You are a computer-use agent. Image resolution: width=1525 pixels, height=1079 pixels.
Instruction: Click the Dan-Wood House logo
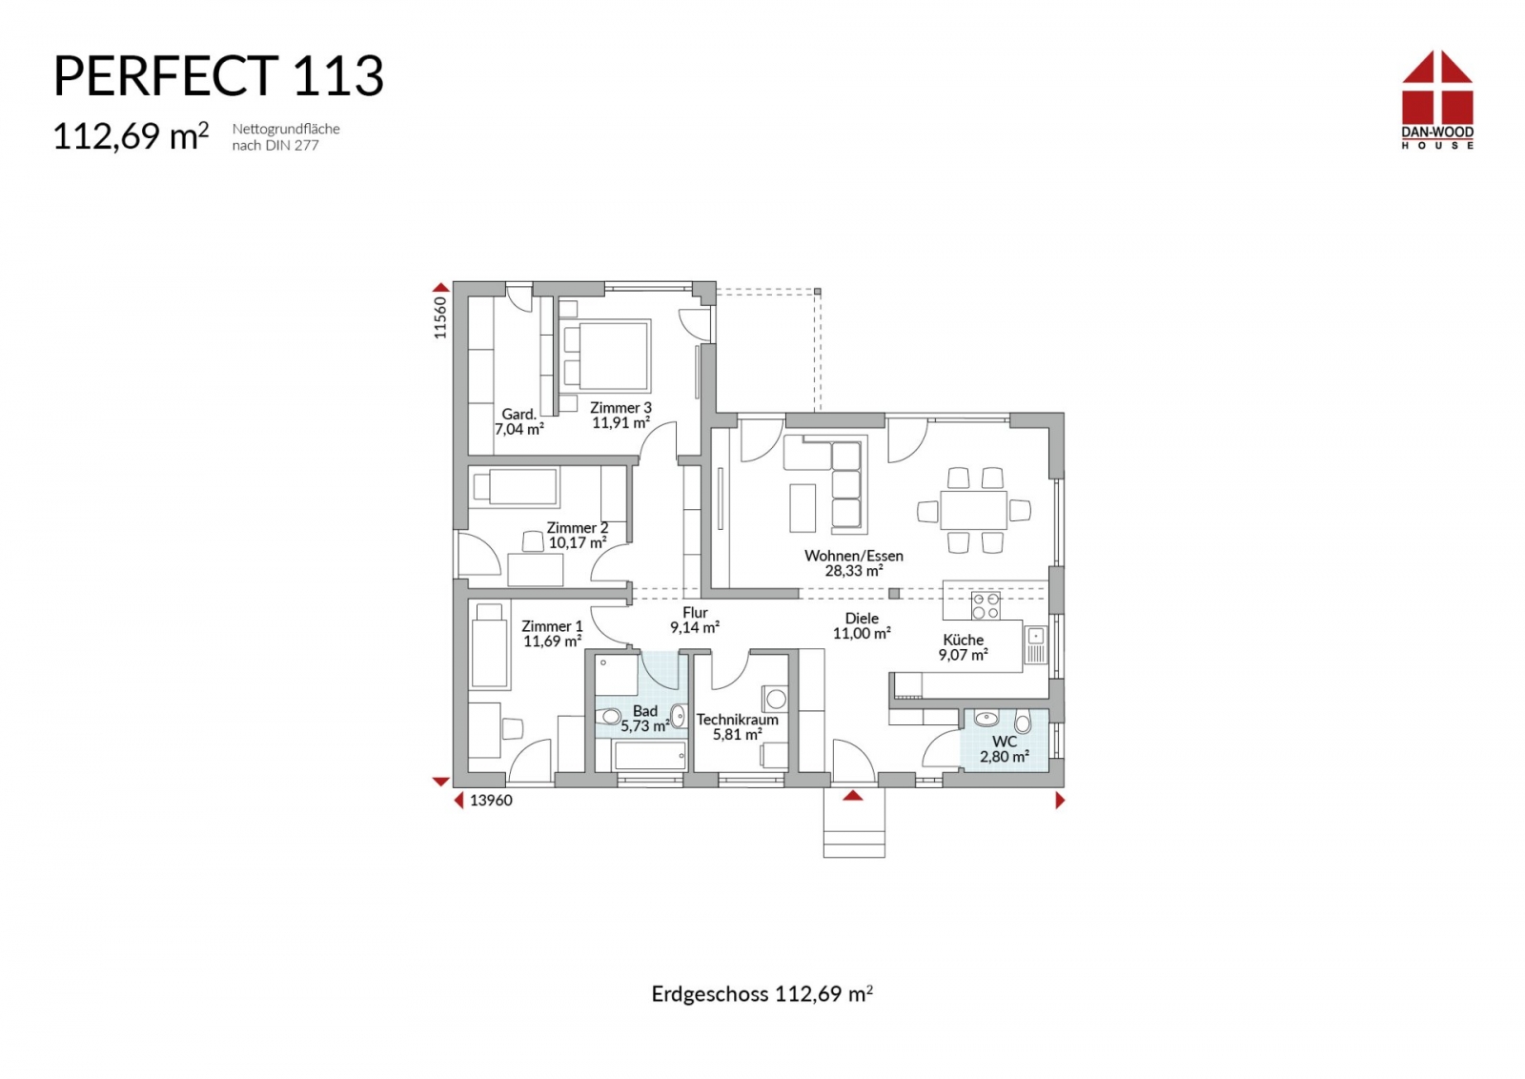(x=1437, y=100)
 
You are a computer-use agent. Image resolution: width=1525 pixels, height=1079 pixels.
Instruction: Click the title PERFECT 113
(x=218, y=75)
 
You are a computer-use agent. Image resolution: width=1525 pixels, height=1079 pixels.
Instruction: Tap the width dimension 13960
(x=491, y=801)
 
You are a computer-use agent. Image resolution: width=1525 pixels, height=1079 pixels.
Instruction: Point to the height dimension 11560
(x=440, y=317)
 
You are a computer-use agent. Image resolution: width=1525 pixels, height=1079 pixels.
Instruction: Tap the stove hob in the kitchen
(x=986, y=605)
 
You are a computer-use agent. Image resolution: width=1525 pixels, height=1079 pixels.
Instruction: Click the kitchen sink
(x=1035, y=644)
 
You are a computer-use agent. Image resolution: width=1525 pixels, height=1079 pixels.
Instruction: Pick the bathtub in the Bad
(x=650, y=756)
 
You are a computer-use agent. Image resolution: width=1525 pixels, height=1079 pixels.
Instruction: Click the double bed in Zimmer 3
(x=605, y=356)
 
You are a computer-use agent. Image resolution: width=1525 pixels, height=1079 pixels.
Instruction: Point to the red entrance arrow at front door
(x=853, y=795)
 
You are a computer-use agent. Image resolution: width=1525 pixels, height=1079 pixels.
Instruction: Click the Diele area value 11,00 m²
(x=862, y=633)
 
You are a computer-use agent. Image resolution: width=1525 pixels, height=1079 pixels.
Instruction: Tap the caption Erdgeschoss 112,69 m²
(x=762, y=994)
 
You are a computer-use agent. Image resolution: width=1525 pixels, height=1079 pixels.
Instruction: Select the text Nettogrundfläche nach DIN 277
(x=286, y=137)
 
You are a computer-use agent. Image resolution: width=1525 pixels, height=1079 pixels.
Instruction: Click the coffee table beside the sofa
(x=803, y=507)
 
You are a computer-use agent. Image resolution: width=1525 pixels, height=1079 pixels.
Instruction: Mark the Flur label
(x=695, y=613)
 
